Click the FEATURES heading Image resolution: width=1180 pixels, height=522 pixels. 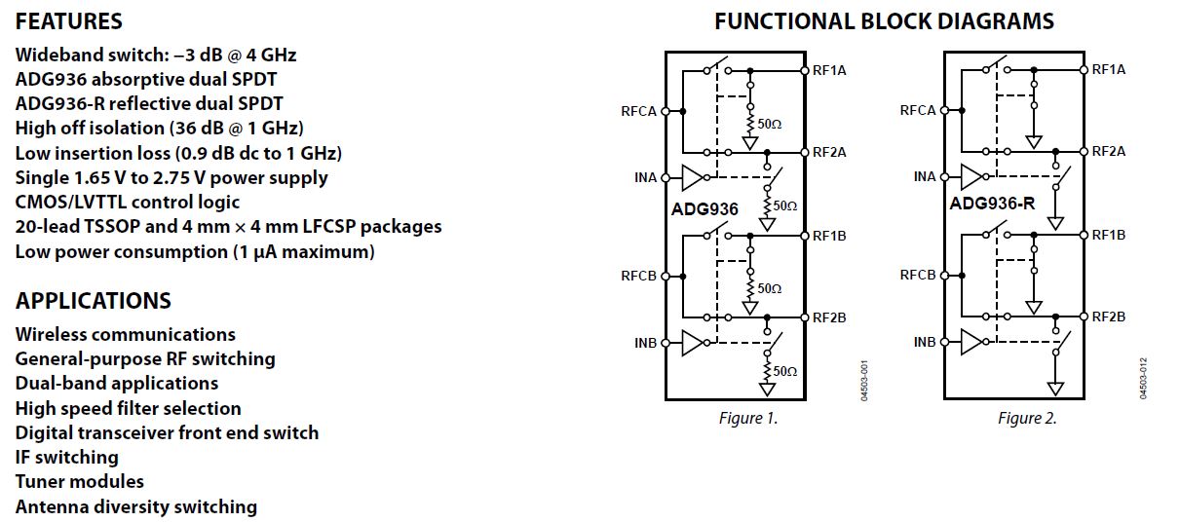click(x=68, y=21)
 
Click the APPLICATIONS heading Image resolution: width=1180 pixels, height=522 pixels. click(x=94, y=301)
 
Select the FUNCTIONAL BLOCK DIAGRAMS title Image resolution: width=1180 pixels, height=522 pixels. click(x=884, y=21)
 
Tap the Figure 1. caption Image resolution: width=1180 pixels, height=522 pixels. click(x=748, y=418)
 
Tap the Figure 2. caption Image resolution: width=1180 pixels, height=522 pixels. click(x=1027, y=418)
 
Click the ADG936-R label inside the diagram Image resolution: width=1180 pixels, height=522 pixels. click(x=992, y=204)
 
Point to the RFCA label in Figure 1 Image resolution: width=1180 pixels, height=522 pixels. click(x=638, y=111)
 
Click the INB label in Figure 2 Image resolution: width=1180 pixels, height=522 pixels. click(x=925, y=342)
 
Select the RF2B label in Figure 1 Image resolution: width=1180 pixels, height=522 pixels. click(x=829, y=317)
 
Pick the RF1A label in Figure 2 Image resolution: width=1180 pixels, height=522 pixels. click(x=1108, y=69)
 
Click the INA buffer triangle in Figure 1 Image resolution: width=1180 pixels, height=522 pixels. click(x=692, y=177)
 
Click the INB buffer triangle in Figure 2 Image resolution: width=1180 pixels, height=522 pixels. click(x=971, y=342)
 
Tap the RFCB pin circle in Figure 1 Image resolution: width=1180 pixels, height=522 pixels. click(x=666, y=276)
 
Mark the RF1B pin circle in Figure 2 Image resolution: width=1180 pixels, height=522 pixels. click(x=1084, y=235)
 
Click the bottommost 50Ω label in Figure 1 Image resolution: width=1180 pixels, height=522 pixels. click(x=785, y=371)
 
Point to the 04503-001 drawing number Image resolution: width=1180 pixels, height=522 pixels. click(x=864, y=381)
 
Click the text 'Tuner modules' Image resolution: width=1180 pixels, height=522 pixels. click(x=80, y=481)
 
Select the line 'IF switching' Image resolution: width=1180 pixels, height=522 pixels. click(x=67, y=457)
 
